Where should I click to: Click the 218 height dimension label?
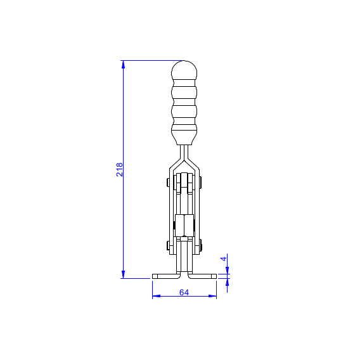[119, 170]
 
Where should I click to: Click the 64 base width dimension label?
[184, 293]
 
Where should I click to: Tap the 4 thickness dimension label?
[223, 259]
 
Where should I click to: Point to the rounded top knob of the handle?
[184, 70]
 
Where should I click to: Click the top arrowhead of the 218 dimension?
[124, 65]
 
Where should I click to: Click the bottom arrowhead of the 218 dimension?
[124, 274]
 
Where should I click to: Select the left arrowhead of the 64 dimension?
[157, 296]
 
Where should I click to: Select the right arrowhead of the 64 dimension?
[212, 296]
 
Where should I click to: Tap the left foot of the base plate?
[166, 276]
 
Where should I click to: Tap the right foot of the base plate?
[202, 276]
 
